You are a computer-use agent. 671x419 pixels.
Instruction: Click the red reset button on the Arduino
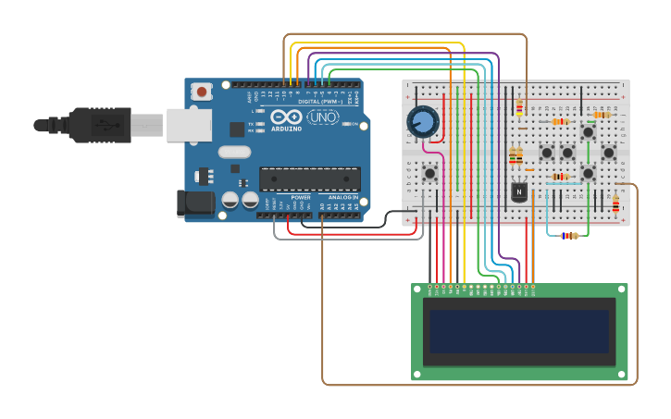(x=201, y=92)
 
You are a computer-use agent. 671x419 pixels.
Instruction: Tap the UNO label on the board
(x=322, y=117)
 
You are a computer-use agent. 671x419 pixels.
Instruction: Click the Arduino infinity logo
(x=287, y=117)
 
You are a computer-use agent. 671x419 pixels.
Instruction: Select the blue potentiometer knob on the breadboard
(x=423, y=122)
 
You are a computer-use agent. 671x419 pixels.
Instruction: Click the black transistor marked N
(x=519, y=191)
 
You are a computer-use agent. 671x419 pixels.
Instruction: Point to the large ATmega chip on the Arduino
(x=309, y=179)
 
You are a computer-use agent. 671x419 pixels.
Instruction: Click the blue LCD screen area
(x=519, y=331)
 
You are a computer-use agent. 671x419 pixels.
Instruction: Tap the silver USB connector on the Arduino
(x=189, y=125)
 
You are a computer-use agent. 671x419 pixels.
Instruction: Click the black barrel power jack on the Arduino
(x=193, y=204)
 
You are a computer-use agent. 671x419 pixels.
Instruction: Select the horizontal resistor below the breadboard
(x=569, y=236)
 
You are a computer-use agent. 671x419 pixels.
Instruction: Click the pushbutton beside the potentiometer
(x=429, y=173)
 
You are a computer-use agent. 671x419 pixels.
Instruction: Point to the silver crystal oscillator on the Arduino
(x=235, y=152)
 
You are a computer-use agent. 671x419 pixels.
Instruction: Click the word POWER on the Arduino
(x=301, y=197)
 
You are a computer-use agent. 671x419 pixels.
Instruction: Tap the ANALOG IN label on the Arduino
(x=343, y=197)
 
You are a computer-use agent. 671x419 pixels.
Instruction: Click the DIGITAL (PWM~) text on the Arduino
(x=319, y=102)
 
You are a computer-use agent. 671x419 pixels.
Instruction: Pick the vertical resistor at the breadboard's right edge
(x=615, y=203)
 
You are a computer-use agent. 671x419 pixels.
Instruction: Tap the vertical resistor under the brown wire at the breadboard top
(x=519, y=108)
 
